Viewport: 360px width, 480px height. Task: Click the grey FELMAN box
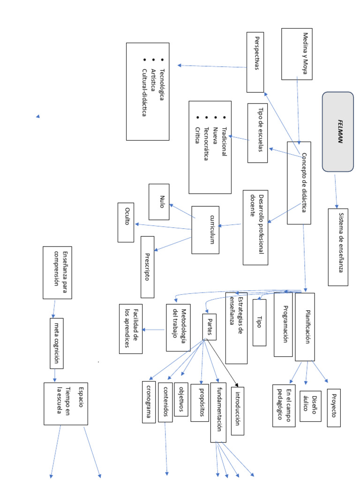coord(338,131)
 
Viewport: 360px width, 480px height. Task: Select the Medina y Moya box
coord(297,54)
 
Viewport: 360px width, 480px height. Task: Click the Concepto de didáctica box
coord(299,183)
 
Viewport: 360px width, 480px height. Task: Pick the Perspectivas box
coord(255,62)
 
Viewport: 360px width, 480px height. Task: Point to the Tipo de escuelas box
coord(257,133)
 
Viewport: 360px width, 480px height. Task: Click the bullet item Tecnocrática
coord(206,143)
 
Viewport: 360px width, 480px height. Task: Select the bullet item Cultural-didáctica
coord(144,92)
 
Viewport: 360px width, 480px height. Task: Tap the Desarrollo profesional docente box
coord(255,227)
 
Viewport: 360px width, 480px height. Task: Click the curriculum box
coord(205,230)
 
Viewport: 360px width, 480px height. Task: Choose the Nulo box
coord(159,202)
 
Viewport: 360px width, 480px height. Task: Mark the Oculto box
coord(126,222)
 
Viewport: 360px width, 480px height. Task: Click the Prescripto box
coord(147,267)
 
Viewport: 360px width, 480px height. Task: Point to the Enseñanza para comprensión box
coord(58,272)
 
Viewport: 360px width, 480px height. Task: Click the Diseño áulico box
coord(310,406)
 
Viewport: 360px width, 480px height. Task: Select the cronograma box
coord(149,402)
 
